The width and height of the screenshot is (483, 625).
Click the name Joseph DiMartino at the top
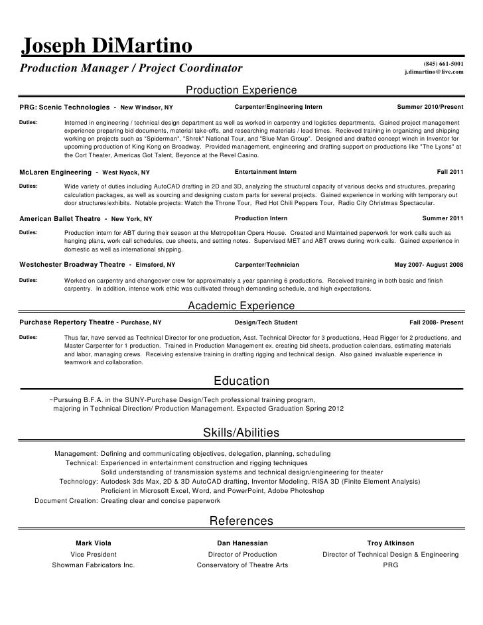(108, 46)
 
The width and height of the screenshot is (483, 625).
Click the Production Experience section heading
(241, 90)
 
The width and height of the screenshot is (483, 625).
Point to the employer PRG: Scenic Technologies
(64, 107)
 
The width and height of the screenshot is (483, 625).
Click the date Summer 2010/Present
(430, 106)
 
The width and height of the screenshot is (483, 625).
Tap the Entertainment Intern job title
(265, 171)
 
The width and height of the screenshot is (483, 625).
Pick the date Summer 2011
(443, 218)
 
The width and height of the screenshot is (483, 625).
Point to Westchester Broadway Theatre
(74, 264)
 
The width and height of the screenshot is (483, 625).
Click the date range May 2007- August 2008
(429, 263)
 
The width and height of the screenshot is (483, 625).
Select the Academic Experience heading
(241, 306)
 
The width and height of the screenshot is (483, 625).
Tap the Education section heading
(241, 382)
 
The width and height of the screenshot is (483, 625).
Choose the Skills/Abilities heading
(241, 433)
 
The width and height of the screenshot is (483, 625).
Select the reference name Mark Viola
(94, 543)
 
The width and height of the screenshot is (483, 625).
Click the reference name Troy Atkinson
(390, 543)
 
